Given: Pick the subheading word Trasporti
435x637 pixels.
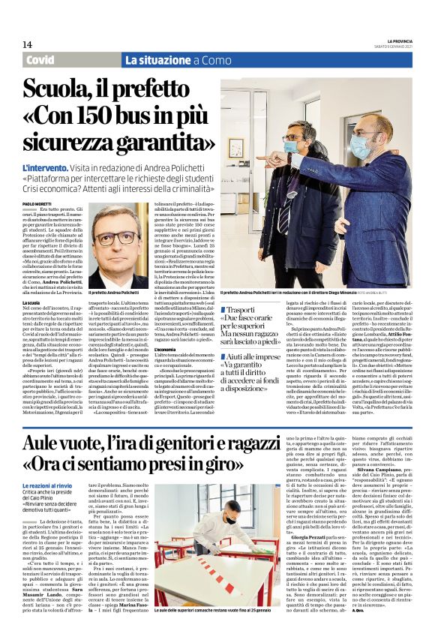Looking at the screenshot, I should [x=247, y=308].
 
